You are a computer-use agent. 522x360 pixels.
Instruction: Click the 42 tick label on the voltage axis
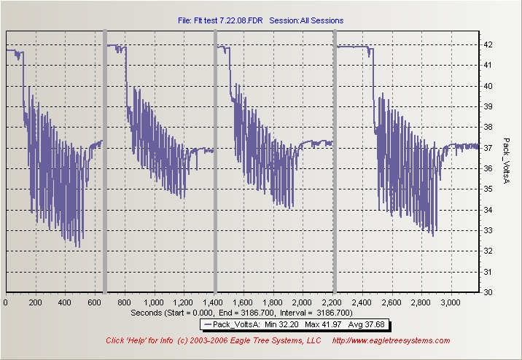pyautogui.click(x=488, y=44)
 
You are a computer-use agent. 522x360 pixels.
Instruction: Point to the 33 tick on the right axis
pyautogui.click(x=488, y=230)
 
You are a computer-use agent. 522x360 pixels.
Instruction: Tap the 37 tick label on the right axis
pyautogui.click(x=488, y=148)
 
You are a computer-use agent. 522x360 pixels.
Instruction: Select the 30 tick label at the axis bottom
pyautogui.click(x=488, y=292)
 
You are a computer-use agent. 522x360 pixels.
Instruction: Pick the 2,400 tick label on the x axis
pyautogui.click(x=362, y=302)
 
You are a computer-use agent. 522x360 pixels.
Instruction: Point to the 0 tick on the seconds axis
pyautogui.click(x=6, y=302)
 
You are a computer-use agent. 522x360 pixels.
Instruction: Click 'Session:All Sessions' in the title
pyautogui.click(x=306, y=20)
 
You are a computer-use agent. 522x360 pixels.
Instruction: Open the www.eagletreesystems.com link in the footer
pyautogui.click(x=391, y=340)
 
